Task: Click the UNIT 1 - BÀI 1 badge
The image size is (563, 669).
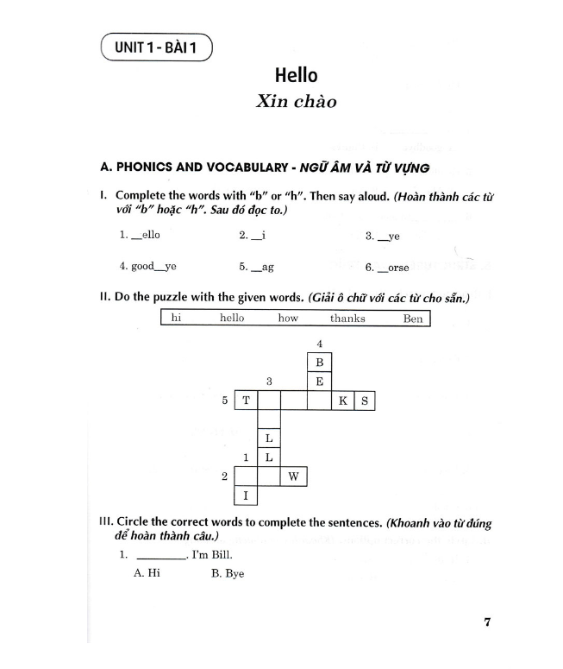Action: click(x=156, y=47)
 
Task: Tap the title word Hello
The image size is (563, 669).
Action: click(x=296, y=75)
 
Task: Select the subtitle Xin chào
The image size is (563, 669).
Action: click(x=296, y=101)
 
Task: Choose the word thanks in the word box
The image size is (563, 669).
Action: click(x=347, y=319)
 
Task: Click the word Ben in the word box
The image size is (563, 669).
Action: click(x=413, y=319)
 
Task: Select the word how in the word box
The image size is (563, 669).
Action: click(x=288, y=319)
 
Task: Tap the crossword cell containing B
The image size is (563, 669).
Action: click(x=319, y=363)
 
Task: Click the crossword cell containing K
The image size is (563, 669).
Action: click(x=342, y=401)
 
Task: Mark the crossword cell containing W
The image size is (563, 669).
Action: click(x=294, y=477)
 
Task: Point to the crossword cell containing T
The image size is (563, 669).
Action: click(x=247, y=401)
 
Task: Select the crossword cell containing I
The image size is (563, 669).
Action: click(x=247, y=495)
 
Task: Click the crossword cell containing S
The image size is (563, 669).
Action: click(x=364, y=401)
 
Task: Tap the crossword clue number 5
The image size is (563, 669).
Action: click(x=225, y=401)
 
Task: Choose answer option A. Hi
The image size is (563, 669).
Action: click(x=147, y=573)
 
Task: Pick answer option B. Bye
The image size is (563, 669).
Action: click(x=228, y=573)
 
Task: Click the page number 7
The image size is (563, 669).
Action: click(x=487, y=622)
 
